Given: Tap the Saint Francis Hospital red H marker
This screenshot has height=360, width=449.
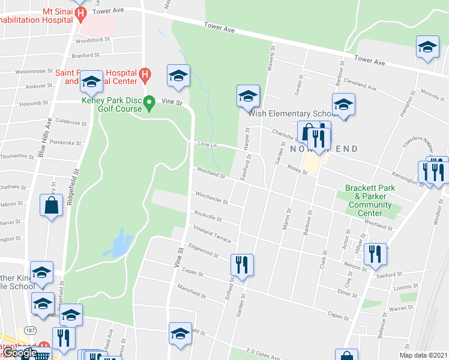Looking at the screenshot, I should tap(144, 74).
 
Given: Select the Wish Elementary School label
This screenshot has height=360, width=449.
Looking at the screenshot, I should tap(292, 114).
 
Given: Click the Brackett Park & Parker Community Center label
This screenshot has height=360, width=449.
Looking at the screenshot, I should tap(370, 200).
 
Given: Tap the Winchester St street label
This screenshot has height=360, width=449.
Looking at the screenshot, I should tap(211, 197).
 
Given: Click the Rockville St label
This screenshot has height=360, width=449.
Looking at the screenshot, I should tap(208, 216).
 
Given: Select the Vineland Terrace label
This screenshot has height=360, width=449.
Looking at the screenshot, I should tap(212, 234).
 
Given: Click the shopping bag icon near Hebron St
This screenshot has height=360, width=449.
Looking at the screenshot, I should tap(52, 205).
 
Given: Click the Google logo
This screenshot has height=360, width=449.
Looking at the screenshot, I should tap(20, 353).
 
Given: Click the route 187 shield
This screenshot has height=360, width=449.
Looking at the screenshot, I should tap(29, 330).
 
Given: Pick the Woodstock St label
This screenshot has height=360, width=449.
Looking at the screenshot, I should tap(92, 40).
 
